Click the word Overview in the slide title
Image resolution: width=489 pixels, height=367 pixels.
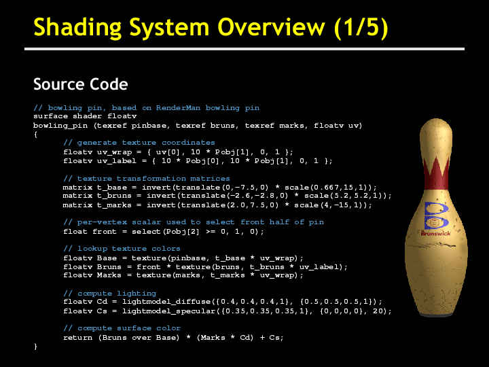coord(271,27)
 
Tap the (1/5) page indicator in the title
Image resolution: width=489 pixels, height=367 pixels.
coord(361,28)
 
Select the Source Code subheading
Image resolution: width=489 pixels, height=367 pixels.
coord(80,84)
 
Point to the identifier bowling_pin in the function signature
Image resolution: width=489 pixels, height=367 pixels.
coord(60,126)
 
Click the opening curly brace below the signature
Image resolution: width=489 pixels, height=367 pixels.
coord(35,135)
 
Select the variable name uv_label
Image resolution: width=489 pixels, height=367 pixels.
coord(117,161)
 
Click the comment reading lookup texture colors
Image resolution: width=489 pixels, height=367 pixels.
coord(122,249)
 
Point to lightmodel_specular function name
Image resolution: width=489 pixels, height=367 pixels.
coord(168,311)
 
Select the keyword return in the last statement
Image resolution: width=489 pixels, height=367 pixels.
coord(77,338)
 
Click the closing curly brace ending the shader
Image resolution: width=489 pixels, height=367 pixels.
coord(35,347)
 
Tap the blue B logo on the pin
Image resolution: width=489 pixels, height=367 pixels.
coord(436,215)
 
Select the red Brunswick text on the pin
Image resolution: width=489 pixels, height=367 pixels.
coord(435,233)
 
